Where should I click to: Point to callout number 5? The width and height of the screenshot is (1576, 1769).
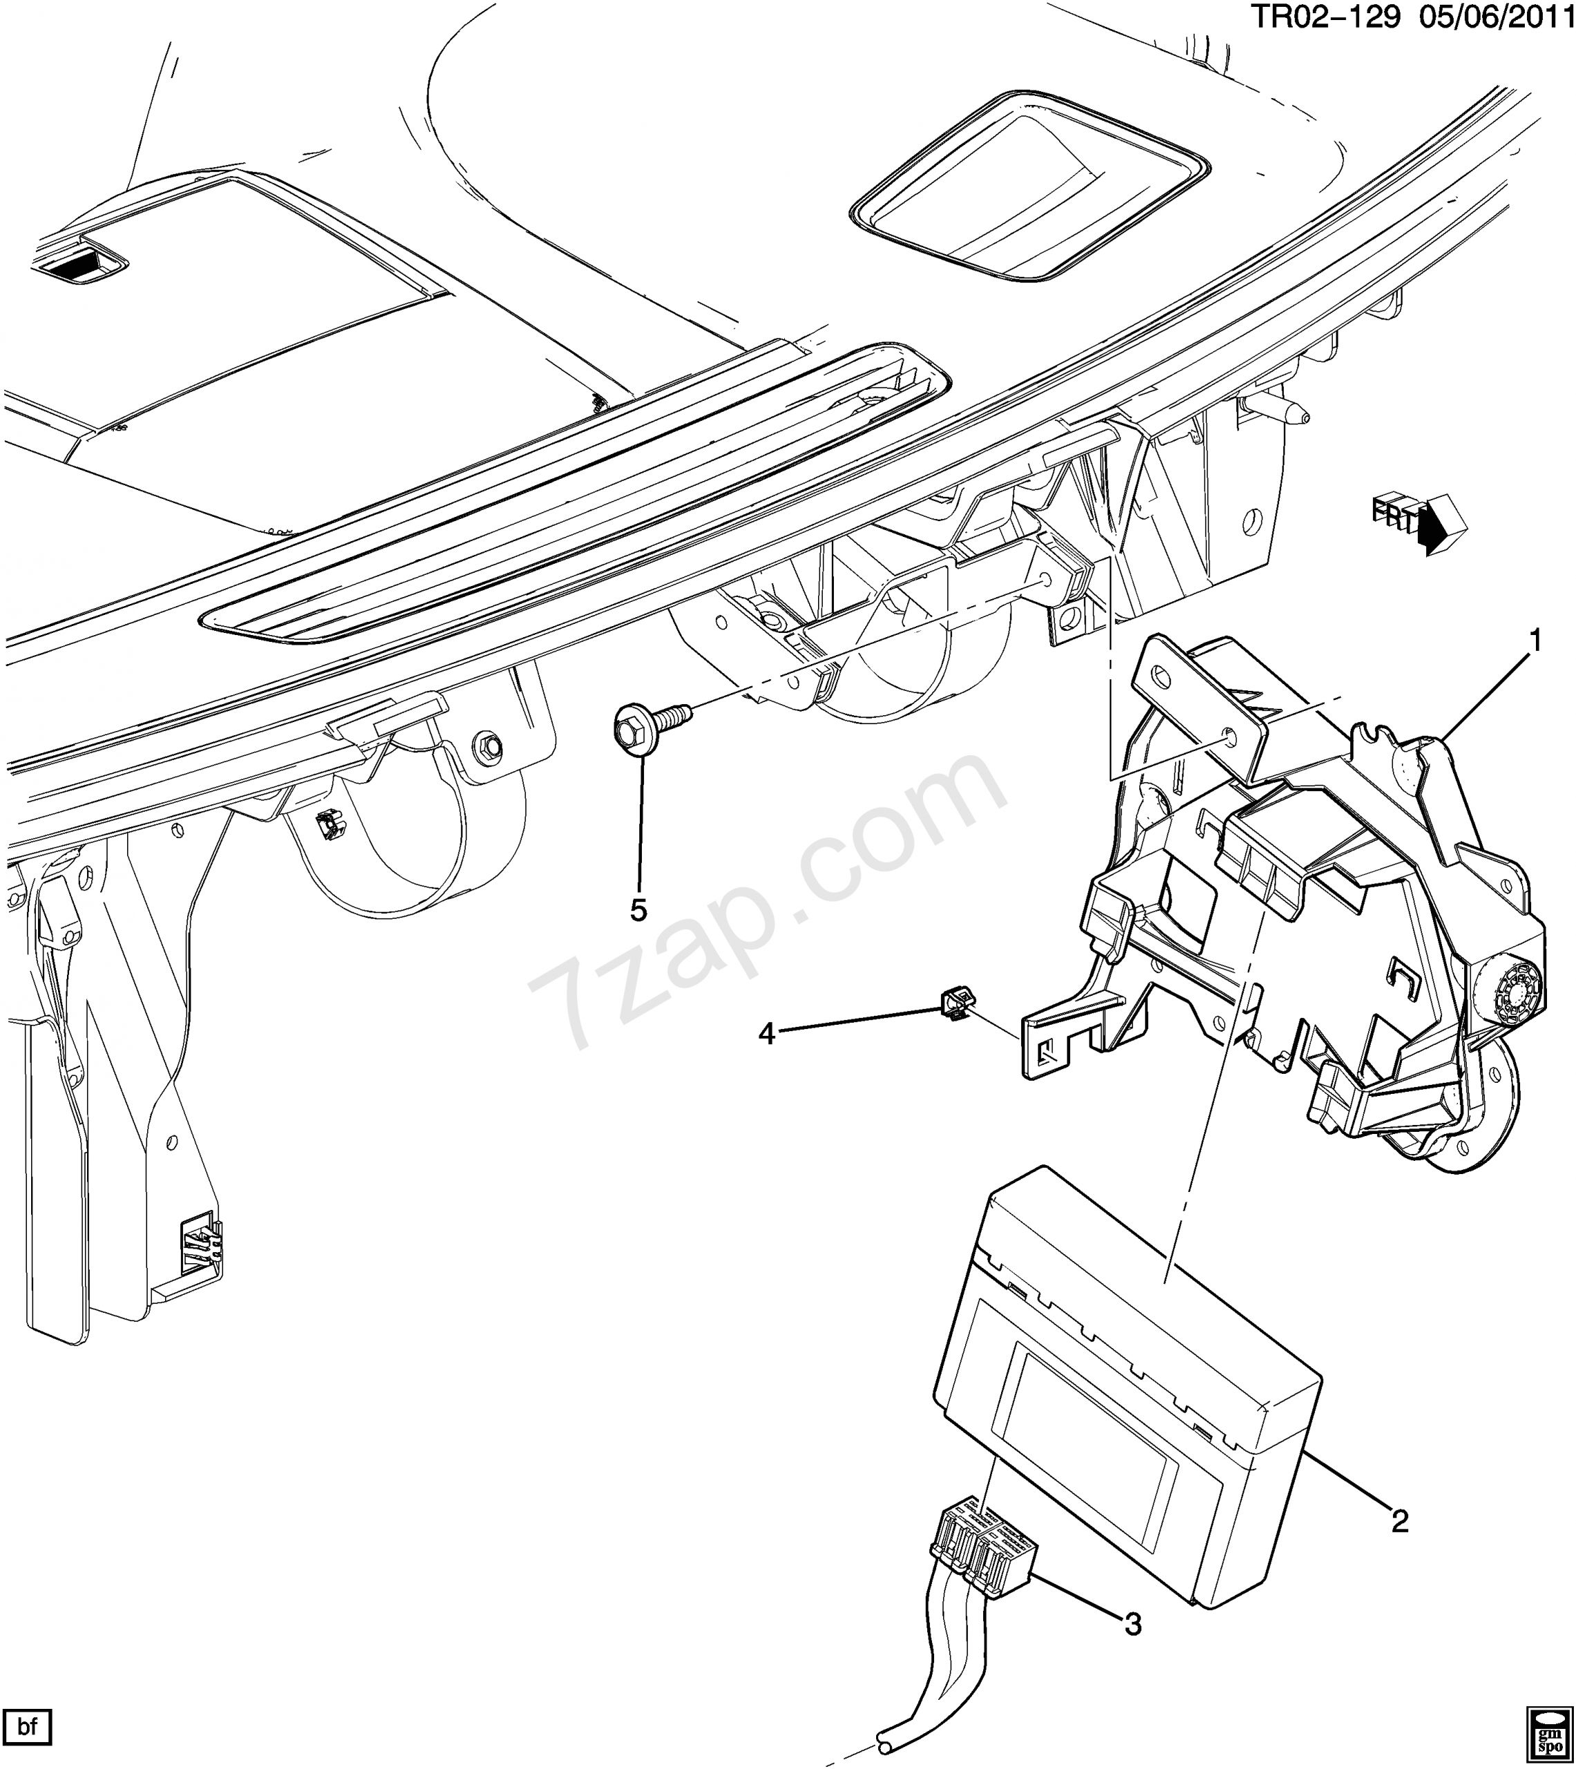coord(638,910)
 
